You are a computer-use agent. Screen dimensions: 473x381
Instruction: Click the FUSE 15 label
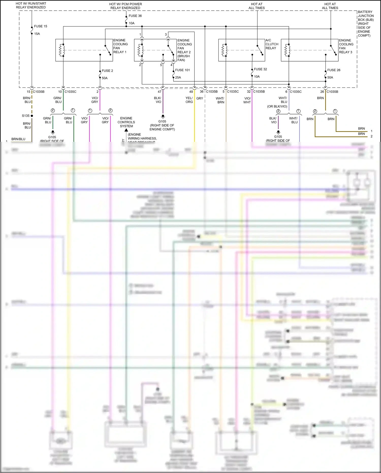[x=40, y=26]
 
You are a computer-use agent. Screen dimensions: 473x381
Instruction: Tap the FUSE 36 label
[x=135, y=16]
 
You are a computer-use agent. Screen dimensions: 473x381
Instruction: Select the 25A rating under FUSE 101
[x=178, y=78]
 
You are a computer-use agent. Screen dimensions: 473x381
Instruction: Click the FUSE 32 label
[x=260, y=69]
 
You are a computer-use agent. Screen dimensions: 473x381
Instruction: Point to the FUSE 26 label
[x=334, y=70]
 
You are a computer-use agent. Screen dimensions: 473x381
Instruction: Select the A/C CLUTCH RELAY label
[x=272, y=44]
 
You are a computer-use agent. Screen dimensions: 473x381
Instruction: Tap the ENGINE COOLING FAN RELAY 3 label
[x=346, y=46]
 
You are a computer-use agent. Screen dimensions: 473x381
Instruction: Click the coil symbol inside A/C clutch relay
[x=224, y=50]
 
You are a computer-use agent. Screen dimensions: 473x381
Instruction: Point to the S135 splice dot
[x=32, y=116]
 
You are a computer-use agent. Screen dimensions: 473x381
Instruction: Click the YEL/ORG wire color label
[x=189, y=100]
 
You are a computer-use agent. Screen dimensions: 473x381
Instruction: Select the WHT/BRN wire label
[x=220, y=100]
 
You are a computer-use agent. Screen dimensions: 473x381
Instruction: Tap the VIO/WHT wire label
[x=247, y=100]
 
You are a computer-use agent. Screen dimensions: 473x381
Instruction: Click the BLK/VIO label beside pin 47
[x=157, y=100]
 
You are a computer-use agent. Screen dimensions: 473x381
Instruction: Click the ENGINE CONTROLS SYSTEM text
[x=126, y=122]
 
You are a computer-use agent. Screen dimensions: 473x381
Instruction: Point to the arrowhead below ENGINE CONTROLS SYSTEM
[x=126, y=130]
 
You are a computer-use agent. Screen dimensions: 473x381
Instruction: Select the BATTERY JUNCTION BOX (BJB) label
[x=365, y=24]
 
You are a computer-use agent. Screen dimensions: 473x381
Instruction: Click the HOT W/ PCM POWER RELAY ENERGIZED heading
[x=125, y=6]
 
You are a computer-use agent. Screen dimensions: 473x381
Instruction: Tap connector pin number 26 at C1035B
[x=322, y=92]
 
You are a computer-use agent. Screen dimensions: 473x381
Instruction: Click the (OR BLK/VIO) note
[x=277, y=106]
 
